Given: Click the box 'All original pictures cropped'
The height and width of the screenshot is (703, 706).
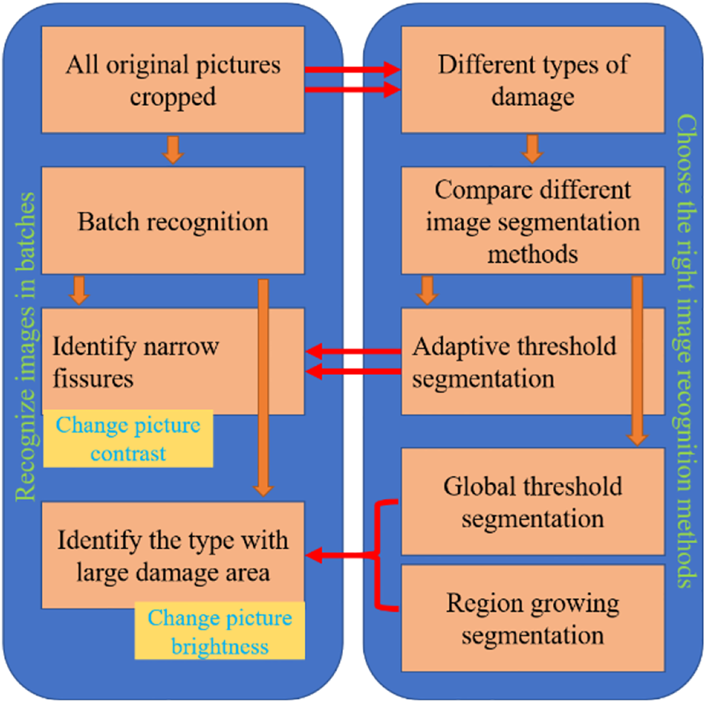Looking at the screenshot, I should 172,79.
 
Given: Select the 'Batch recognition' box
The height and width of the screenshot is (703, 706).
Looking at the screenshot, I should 172,221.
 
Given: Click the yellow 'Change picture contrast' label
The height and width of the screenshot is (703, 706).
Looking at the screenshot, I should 127,440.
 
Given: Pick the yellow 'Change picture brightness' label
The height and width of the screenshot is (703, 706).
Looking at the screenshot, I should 220,632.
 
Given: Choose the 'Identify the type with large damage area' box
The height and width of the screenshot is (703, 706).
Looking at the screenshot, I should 172,555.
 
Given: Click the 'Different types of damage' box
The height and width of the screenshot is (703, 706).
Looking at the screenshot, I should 532,79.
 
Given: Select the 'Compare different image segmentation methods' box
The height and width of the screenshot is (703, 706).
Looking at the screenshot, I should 532,221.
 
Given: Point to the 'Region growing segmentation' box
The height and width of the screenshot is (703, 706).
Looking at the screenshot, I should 532,618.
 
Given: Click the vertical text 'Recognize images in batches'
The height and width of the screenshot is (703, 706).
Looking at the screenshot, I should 26,347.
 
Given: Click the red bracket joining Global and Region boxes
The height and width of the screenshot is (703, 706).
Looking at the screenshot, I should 379,555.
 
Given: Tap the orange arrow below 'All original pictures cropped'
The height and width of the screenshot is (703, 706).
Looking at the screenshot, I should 174,150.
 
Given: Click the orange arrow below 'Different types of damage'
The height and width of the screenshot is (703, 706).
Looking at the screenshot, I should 533,149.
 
